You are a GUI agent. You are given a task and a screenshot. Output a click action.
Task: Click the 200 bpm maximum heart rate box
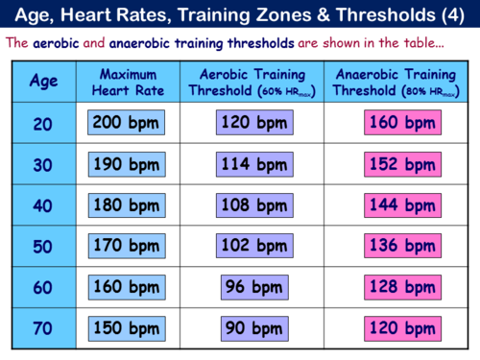tap(126, 123)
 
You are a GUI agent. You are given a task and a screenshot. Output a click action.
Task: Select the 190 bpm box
tap(126, 164)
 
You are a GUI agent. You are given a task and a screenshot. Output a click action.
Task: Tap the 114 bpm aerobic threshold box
tap(253, 164)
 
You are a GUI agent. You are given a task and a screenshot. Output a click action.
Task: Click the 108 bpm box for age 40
tap(253, 205)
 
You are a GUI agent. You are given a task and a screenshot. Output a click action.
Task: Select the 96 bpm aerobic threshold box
tap(253, 287)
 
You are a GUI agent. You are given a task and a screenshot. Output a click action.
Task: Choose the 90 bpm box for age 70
tap(253, 328)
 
